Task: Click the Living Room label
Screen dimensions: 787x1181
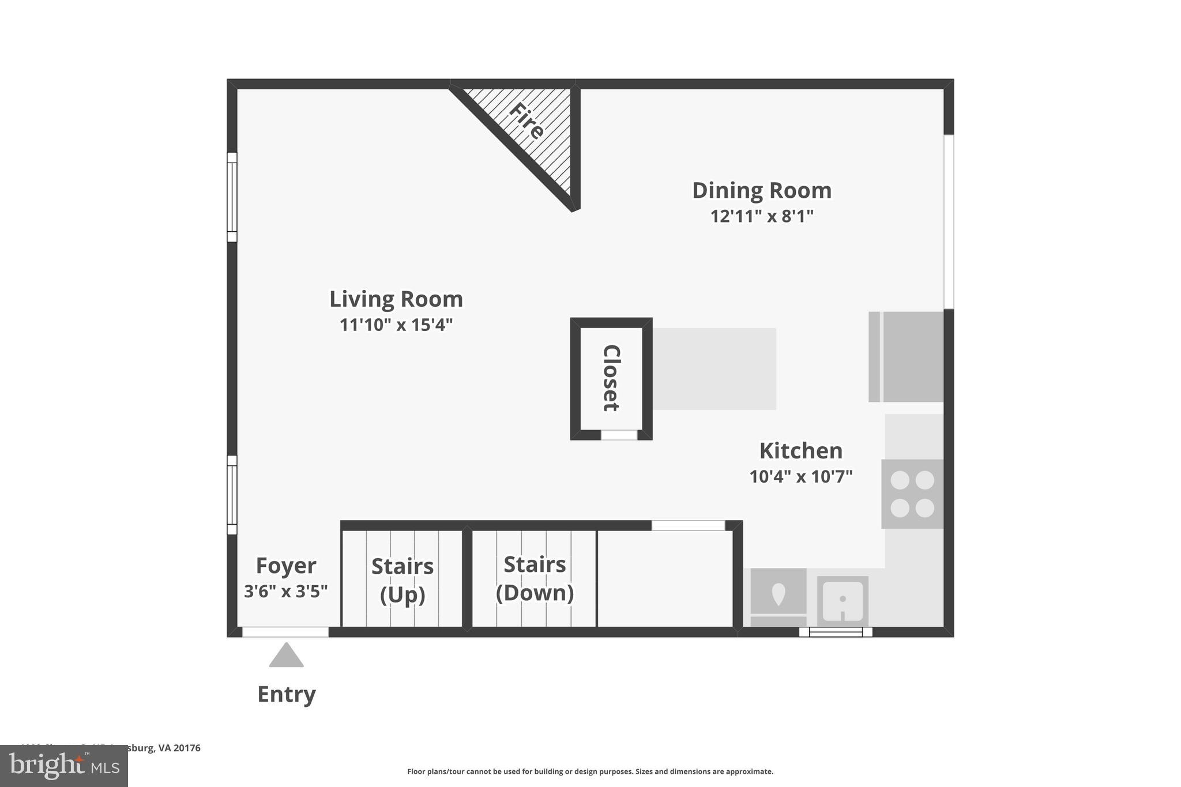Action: pyautogui.click(x=396, y=299)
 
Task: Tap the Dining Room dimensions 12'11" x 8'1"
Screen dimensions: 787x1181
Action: pyautogui.click(x=761, y=217)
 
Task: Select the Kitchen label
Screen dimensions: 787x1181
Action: pyautogui.click(x=800, y=451)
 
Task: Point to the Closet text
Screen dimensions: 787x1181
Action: pyautogui.click(x=611, y=378)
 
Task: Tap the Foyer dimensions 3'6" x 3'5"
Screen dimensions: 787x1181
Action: pyautogui.click(x=285, y=592)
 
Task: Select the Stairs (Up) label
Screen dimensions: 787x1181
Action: pyautogui.click(x=403, y=580)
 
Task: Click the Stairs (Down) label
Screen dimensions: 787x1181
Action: pyautogui.click(x=535, y=578)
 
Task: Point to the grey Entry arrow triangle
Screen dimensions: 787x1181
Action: pyautogui.click(x=286, y=657)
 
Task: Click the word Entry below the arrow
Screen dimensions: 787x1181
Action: pyautogui.click(x=286, y=694)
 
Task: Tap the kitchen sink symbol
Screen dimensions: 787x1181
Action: pyautogui.click(x=842, y=601)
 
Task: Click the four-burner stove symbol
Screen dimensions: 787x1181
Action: pyautogui.click(x=912, y=494)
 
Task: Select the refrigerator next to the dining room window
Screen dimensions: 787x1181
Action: pyautogui.click(x=906, y=357)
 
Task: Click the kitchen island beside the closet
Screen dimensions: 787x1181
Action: pyautogui.click(x=714, y=369)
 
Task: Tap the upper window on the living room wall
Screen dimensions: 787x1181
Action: pyautogui.click(x=232, y=197)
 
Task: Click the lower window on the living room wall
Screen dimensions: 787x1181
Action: pyautogui.click(x=232, y=495)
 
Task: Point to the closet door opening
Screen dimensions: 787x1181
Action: pyautogui.click(x=619, y=435)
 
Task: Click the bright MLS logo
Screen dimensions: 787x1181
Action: pyautogui.click(x=64, y=766)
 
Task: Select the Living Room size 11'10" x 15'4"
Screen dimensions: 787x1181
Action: pyautogui.click(x=396, y=325)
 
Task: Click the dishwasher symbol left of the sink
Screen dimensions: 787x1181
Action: pyautogui.click(x=778, y=597)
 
